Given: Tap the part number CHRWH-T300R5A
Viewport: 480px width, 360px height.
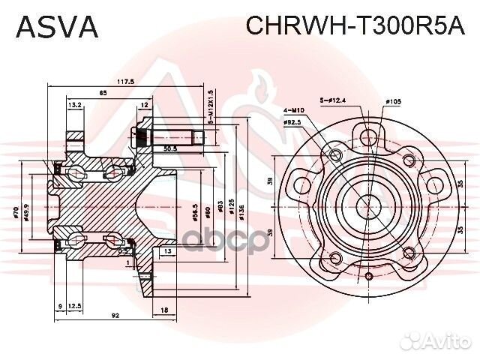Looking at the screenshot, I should coord(355,27).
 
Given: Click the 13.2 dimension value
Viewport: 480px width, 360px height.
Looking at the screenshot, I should coord(75,106).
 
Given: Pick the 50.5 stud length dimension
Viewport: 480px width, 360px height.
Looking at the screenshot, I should coord(170,148).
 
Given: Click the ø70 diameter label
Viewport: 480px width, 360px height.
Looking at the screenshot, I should coord(16,215).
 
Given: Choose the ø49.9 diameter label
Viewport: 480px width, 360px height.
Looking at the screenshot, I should coord(28,215).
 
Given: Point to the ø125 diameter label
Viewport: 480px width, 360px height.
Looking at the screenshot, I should coord(231,212).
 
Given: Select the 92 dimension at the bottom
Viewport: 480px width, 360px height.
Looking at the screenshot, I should coord(114,316).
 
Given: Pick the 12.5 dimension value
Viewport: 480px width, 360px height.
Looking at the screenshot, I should coord(74,305).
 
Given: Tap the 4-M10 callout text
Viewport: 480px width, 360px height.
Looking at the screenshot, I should coord(293,111).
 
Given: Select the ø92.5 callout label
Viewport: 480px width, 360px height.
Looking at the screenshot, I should coord(293,121).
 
